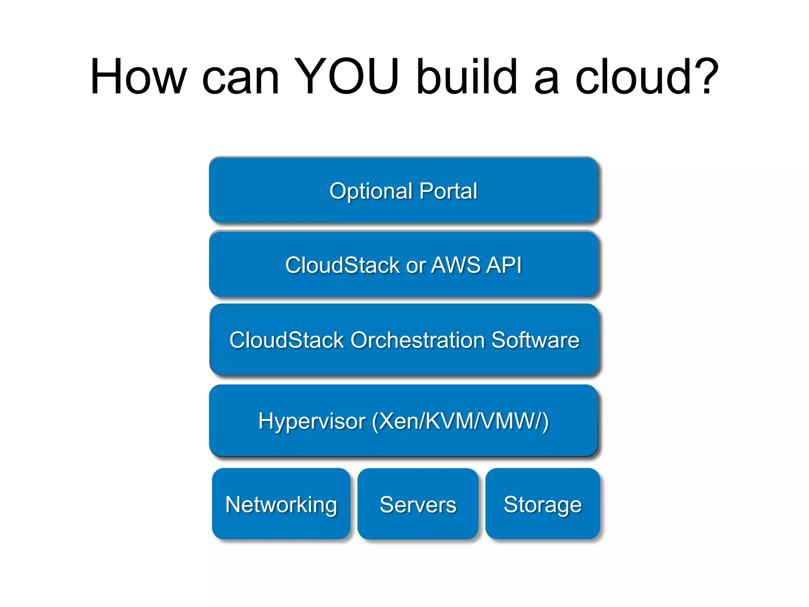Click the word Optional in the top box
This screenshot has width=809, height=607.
point(371,191)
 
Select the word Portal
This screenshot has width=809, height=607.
point(448,191)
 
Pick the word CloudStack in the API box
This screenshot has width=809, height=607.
point(342,265)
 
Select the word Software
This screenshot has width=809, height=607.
point(535,340)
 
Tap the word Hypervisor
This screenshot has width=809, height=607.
point(312,421)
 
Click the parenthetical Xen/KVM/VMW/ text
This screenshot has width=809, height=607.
point(460,421)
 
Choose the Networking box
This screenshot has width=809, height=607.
point(281,504)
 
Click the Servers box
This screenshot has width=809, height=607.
point(418,504)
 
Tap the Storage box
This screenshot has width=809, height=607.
point(543,504)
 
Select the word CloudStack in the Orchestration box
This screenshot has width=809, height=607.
point(287,340)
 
